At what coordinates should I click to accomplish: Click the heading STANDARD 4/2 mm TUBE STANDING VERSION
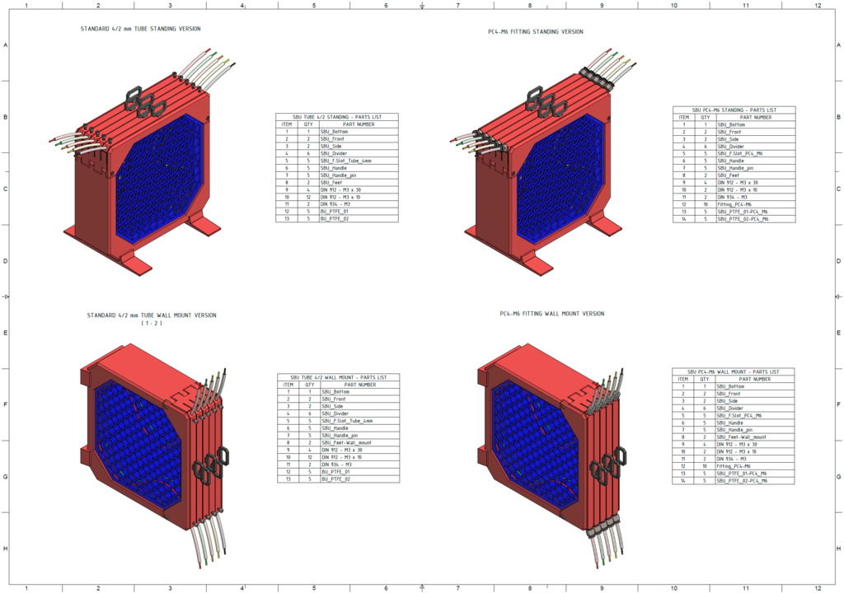140,29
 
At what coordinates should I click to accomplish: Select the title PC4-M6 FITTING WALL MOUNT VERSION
551,314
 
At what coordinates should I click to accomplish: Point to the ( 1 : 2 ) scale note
151,324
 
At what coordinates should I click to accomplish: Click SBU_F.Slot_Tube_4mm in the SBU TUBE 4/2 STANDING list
346,161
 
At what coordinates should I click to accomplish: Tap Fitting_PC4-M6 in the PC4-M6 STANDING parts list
736,204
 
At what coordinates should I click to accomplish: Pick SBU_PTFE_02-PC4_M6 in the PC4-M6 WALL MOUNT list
743,480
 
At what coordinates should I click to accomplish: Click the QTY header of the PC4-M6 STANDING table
706,117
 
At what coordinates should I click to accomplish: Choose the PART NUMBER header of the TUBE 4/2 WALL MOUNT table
360,385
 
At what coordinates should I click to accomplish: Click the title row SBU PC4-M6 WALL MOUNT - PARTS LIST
734,371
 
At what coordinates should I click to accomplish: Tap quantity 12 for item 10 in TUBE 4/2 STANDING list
308,198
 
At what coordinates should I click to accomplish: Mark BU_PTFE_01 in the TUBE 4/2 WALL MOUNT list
337,472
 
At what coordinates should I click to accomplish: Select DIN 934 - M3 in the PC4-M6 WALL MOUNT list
732,459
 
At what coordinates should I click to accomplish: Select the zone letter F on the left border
6,404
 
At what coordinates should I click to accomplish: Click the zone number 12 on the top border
818,5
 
